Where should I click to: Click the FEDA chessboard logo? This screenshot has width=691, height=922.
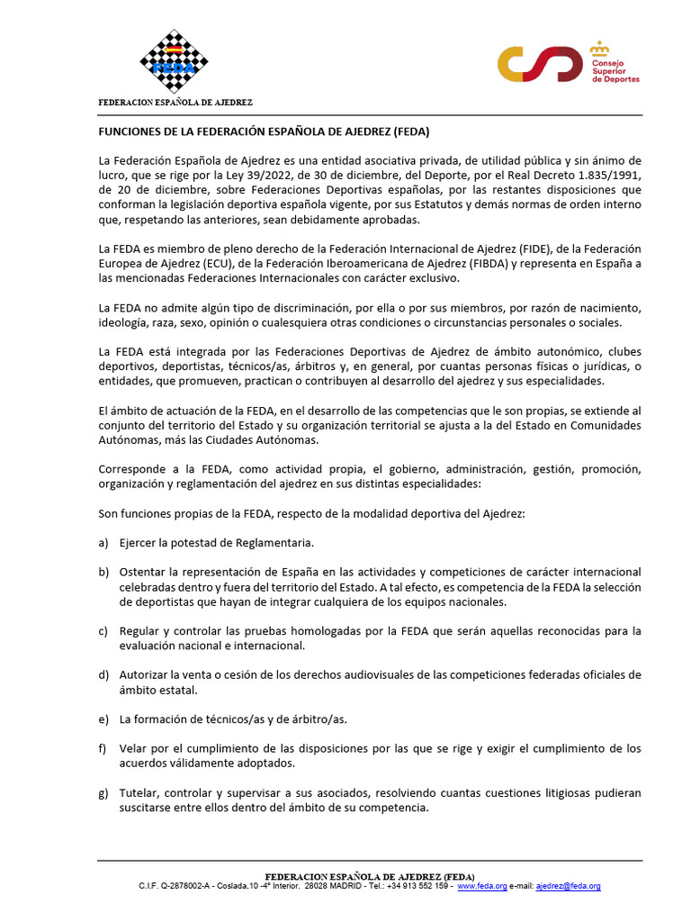click(174, 61)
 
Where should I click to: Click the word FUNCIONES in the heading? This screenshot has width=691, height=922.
click(131, 131)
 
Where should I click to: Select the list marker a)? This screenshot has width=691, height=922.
click(103, 543)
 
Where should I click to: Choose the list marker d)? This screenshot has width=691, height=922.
click(103, 674)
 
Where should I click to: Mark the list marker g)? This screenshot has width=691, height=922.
click(103, 793)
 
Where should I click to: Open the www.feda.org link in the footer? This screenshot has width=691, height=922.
click(482, 886)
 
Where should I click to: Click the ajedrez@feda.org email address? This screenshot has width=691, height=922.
click(568, 886)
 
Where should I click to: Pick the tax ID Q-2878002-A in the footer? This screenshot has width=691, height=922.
click(187, 886)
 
